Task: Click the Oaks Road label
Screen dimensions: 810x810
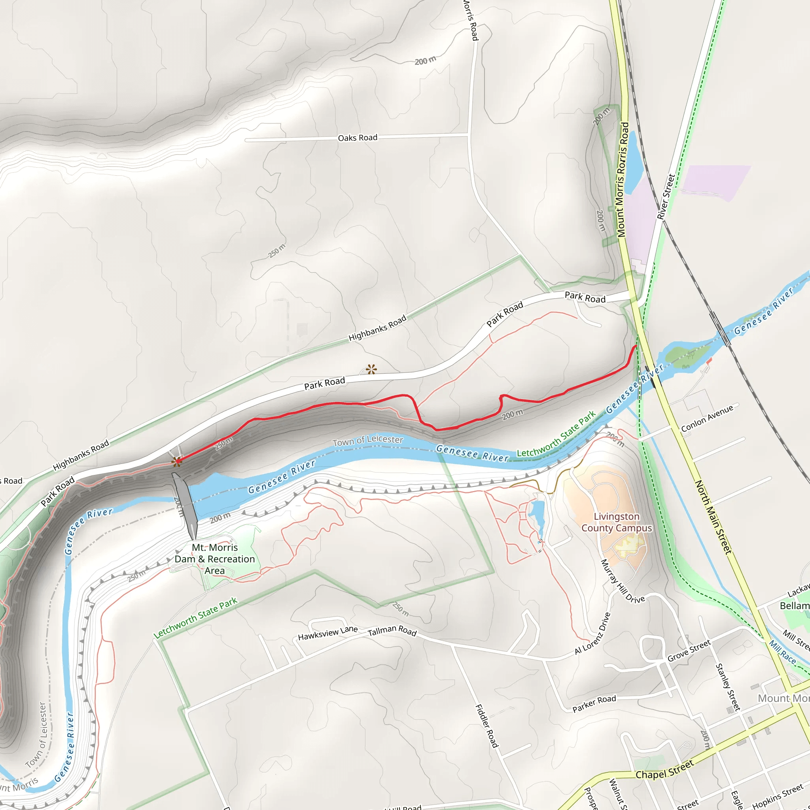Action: (x=357, y=138)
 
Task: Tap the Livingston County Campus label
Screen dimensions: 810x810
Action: (x=616, y=522)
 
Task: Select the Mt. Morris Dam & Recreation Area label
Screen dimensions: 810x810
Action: (x=215, y=559)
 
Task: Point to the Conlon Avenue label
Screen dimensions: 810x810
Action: (x=707, y=418)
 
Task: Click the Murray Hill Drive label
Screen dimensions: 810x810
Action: (x=622, y=581)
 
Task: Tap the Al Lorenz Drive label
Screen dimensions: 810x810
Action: (x=592, y=633)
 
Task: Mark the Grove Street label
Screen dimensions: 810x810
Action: (x=689, y=651)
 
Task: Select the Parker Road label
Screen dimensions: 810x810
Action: (x=594, y=704)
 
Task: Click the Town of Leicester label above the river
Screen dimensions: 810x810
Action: (x=368, y=440)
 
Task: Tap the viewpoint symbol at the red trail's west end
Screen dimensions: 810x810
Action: (x=176, y=462)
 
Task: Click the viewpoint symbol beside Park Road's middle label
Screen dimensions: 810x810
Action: (x=371, y=369)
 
